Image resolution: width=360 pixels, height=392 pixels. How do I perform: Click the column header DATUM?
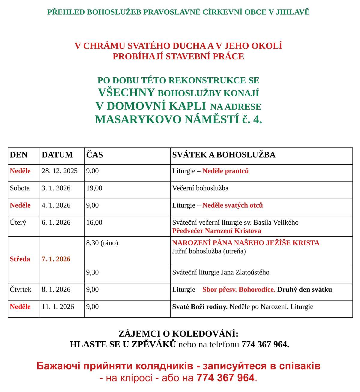coord(57,155)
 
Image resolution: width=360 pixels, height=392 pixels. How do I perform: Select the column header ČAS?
coord(94,155)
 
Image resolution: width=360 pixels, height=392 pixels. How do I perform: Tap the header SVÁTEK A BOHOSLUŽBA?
coord(223,155)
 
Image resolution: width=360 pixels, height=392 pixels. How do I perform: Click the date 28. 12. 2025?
coord(59,171)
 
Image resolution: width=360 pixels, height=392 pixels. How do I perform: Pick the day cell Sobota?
coord(20,188)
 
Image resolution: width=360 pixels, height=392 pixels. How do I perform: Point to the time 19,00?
coord(94,188)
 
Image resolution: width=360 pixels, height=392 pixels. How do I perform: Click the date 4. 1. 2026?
coord(56,205)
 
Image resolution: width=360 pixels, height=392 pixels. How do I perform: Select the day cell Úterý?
coord(18,223)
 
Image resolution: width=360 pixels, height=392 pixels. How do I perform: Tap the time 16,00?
coord(94,223)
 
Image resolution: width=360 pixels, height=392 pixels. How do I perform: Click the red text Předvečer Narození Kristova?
coord(216,231)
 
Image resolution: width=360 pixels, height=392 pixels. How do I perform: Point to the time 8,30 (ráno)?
coord(102,243)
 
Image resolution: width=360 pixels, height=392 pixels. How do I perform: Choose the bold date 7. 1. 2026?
coord(56,259)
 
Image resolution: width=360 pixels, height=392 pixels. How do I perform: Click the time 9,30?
coord(92,272)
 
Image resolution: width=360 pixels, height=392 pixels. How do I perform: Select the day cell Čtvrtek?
coord(20,289)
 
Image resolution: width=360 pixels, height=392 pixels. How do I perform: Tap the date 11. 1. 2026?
coord(58,307)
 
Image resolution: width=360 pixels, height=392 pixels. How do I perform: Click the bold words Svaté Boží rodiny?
coord(200,307)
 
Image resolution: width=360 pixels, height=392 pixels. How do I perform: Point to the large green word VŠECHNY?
coord(126,93)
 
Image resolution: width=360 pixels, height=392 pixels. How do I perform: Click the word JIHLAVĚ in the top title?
coord(292,12)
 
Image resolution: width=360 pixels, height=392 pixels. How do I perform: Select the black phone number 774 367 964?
coord(265,344)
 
